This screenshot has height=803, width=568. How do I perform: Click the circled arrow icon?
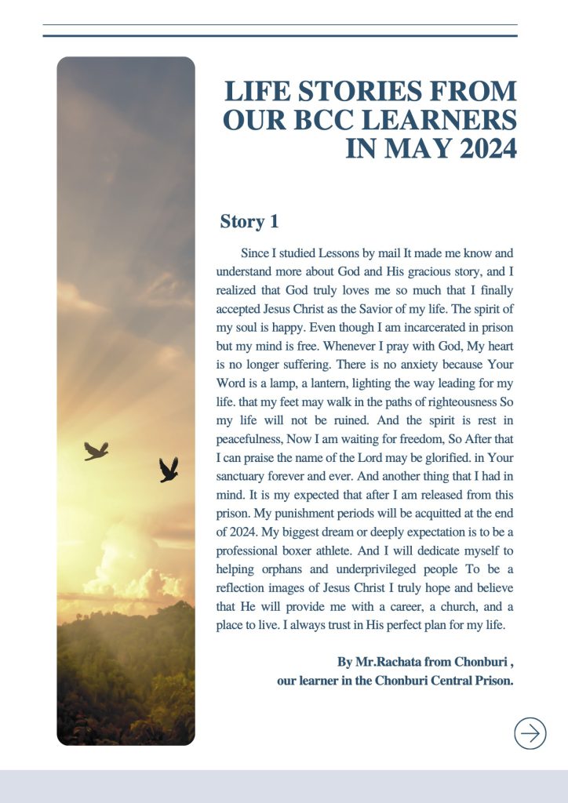(530, 733)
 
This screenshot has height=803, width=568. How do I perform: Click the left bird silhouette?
(96, 450)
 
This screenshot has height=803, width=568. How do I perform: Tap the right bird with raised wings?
(168, 469)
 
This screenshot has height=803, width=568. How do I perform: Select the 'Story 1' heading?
(249, 222)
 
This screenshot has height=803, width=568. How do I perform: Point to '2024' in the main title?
(482, 148)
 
